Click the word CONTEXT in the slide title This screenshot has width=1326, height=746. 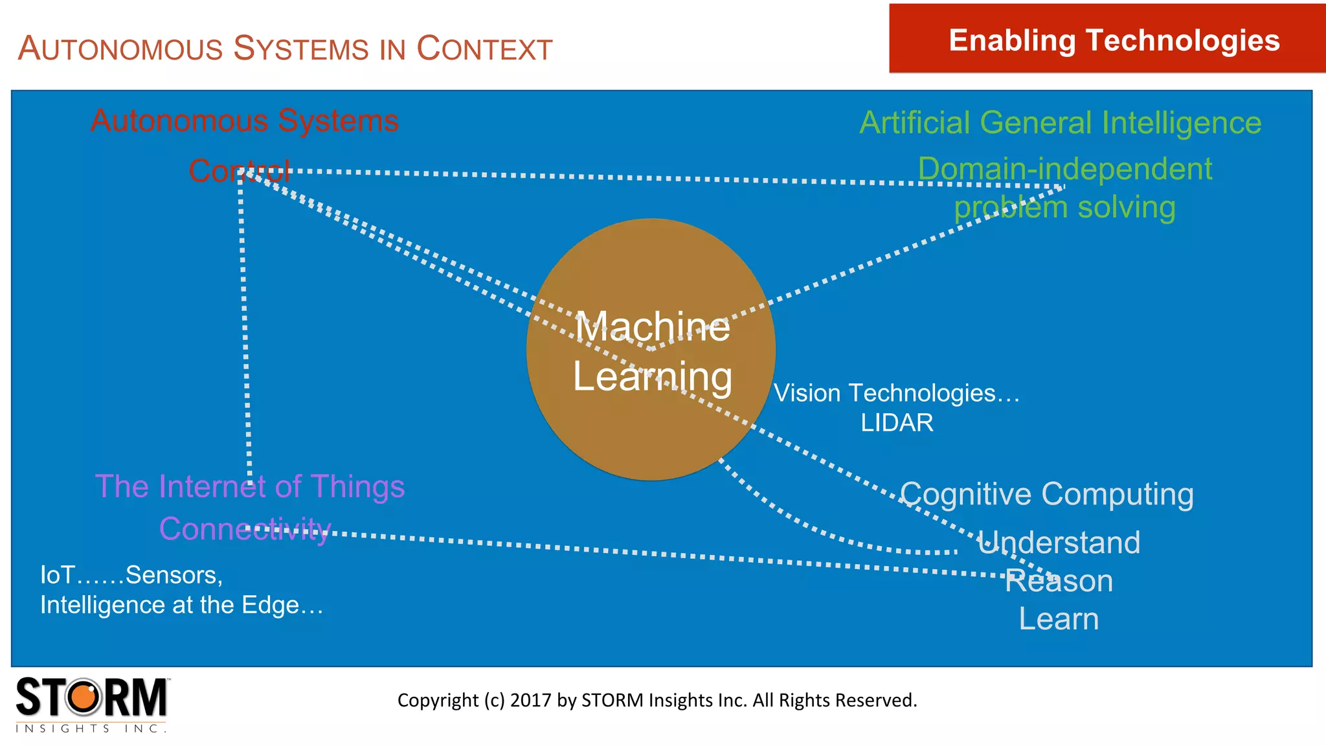(484, 49)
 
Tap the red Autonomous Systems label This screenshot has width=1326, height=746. (245, 121)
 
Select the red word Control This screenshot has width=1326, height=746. (239, 171)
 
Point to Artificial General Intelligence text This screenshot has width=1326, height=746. (1061, 123)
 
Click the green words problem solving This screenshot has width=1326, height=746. (1064, 208)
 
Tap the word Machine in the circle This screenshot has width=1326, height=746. (653, 327)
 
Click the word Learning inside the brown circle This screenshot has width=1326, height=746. (653, 377)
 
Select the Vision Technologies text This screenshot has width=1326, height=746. (896, 393)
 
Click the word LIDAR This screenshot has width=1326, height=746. (897, 423)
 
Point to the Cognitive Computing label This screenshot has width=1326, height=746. (1046, 495)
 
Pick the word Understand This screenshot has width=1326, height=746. (1059, 543)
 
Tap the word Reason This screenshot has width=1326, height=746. (1059, 582)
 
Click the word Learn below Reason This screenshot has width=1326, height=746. (1059, 619)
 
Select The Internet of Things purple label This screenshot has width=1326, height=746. (250, 487)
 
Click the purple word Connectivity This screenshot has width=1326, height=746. (245, 529)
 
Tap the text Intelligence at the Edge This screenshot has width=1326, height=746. (181, 605)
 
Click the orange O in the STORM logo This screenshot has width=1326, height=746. (84, 698)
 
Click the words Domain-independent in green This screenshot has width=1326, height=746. (1064, 170)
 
